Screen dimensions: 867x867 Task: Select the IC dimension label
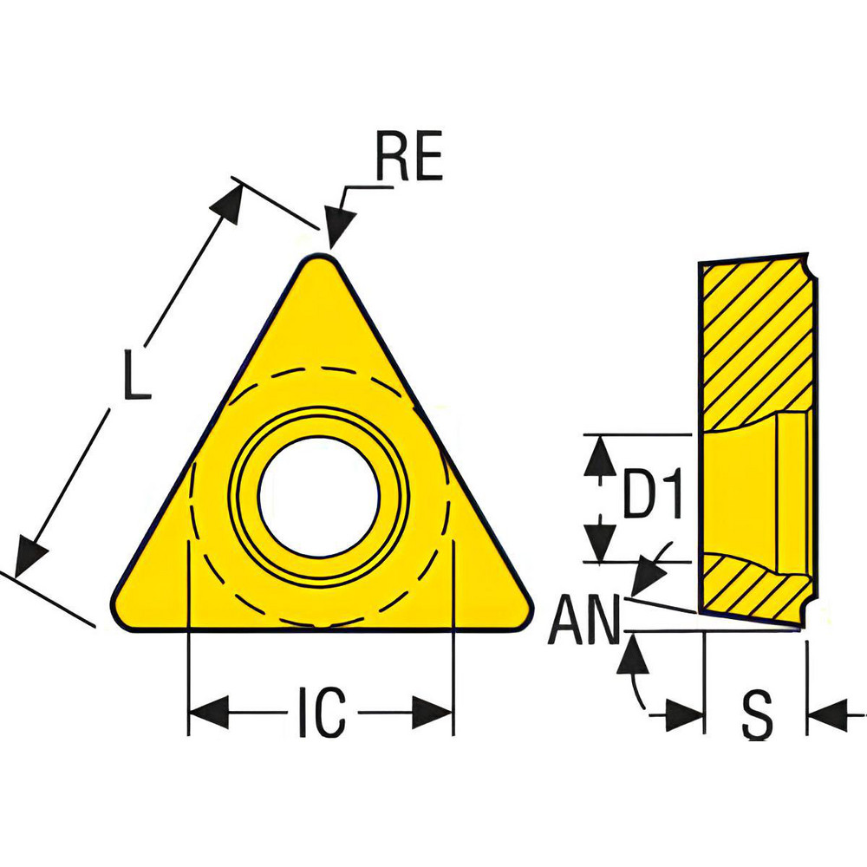pos(322,714)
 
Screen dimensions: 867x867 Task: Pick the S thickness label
pos(757,715)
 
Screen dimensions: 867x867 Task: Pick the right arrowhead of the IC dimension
pos(433,714)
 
